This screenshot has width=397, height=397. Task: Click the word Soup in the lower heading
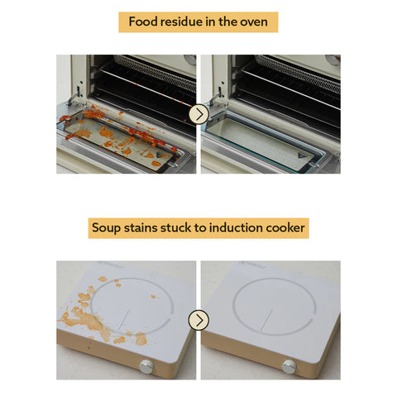(x=106, y=228)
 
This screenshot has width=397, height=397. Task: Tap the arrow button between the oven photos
(x=198, y=114)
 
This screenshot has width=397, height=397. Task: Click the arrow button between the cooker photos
(x=198, y=320)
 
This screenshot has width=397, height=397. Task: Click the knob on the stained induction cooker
(x=146, y=366)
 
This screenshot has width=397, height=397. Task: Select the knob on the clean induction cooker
(x=289, y=366)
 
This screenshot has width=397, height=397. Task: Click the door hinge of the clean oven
(x=217, y=95)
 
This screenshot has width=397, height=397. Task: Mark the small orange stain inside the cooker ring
(x=153, y=296)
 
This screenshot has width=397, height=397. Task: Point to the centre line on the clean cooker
(x=266, y=319)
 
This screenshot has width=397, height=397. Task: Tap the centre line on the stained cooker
(x=124, y=319)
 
